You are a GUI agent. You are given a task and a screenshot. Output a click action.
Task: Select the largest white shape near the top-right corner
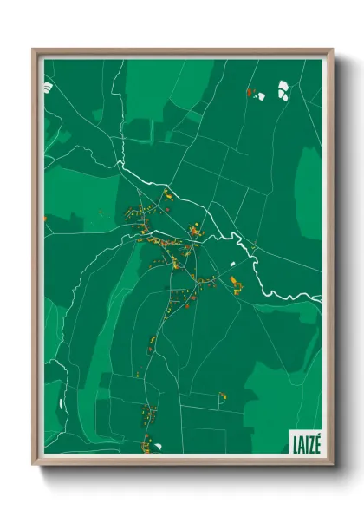click(283, 89)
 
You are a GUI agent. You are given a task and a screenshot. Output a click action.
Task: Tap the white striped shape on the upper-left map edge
click(48, 87)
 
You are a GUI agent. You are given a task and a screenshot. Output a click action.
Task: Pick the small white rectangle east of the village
click(232, 262)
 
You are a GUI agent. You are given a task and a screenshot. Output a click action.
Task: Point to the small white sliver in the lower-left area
click(60, 402)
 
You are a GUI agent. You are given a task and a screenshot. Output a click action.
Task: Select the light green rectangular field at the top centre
click(156, 87)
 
